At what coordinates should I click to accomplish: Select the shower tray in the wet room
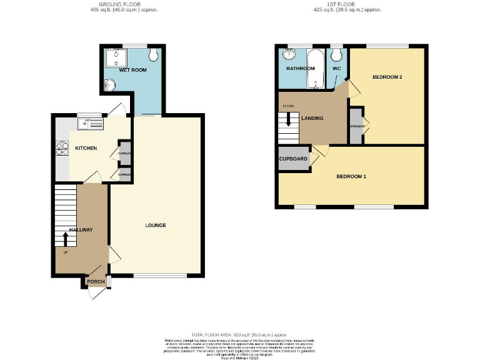(x=114, y=58)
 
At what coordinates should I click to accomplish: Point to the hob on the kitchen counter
(x=62, y=148)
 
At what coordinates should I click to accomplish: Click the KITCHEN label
(x=86, y=148)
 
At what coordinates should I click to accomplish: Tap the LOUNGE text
(x=156, y=225)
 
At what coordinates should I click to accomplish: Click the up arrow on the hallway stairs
(x=65, y=239)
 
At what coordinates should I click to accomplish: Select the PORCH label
(x=96, y=282)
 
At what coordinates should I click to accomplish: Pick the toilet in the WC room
(x=336, y=53)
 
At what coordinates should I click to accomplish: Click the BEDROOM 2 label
(x=387, y=77)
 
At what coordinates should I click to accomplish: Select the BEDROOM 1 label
(x=351, y=177)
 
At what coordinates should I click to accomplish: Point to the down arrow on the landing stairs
(x=288, y=119)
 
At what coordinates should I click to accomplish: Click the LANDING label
(x=312, y=118)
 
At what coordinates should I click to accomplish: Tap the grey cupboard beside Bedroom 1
(x=294, y=159)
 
